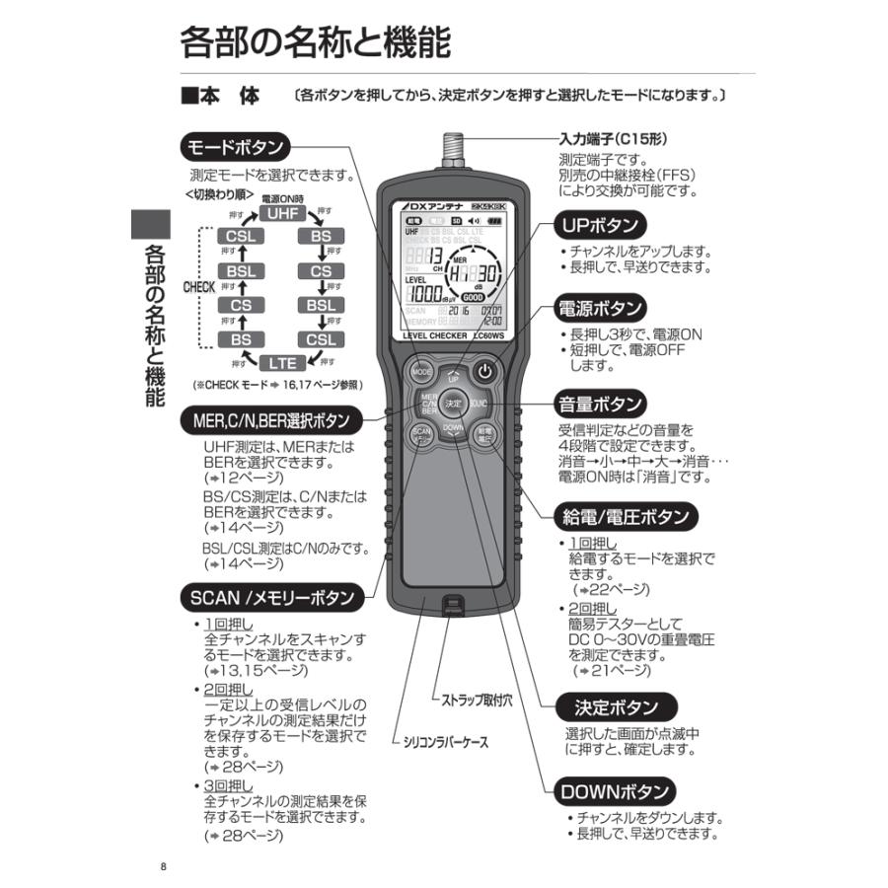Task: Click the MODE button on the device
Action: tap(421, 372)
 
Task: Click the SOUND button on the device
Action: tap(480, 404)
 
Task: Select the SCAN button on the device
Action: tap(421, 435)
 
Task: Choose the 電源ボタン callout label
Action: tap(602, 307)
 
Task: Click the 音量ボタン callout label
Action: tap(602, 404)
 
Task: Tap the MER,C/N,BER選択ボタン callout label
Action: tap(267, 420)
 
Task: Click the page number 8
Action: tap(163, 867)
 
